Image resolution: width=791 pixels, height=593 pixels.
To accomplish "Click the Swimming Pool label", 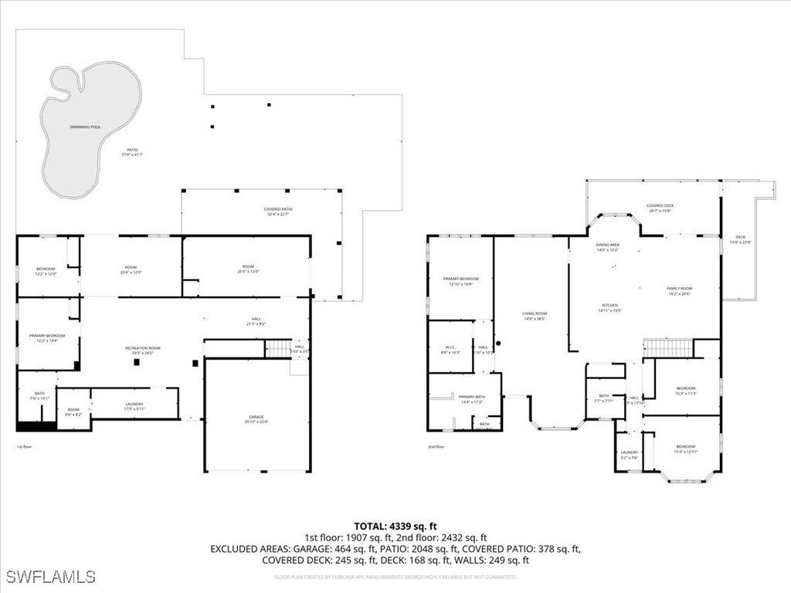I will [x=85, y=127].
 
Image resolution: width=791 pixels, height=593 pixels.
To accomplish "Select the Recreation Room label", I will [x=142, y=349].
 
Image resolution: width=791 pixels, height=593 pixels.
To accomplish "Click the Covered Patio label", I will [x=277, y=209].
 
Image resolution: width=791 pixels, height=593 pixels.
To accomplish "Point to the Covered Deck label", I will [x=660, y=205].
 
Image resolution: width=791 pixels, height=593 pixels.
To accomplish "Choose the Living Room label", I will [x=535, y=314].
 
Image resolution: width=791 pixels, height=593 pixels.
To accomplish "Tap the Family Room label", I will [x=679, y=289].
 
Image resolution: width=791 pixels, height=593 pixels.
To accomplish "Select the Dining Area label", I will [x=607, y=246].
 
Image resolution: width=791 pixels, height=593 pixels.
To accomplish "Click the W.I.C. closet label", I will [x=449, y=348].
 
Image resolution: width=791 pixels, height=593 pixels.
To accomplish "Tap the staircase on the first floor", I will [x=277, y=349].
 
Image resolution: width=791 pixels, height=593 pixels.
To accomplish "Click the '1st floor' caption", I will [x=25, y=446].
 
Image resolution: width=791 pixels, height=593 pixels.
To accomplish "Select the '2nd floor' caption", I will [x=436, y=446].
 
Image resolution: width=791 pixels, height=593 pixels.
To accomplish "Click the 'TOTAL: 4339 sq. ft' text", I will [x=395, y=527].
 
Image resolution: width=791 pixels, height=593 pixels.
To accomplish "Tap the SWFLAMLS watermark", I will [x=50, y=577].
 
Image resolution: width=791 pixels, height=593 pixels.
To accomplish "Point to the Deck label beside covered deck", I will [x=740, y=237].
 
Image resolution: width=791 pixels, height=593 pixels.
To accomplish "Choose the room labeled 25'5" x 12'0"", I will [x=246, y=268].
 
